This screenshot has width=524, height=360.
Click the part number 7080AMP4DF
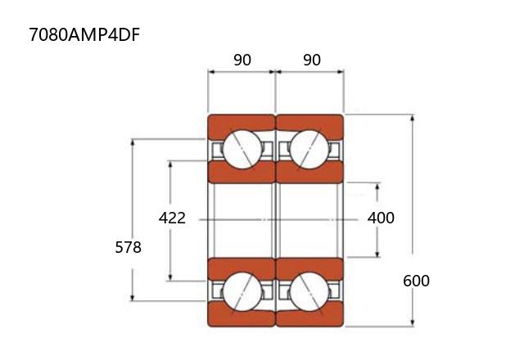pos(79,35)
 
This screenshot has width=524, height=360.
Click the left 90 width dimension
pos(242,60)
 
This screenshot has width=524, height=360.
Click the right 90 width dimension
pos(311,60)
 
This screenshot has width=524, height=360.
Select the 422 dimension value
pos(172,218)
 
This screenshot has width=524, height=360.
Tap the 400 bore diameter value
pos(381,218)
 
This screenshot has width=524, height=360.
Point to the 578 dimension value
pos(128,247)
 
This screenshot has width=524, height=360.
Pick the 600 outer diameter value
pos(416,281)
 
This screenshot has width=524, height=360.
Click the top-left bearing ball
pos(242,149)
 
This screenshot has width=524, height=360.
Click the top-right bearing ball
pos(309,149)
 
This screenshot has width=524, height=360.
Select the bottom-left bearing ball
pos(242,290)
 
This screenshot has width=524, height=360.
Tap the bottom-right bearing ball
pos(309,290)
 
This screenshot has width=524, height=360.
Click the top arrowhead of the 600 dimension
pos(412,119)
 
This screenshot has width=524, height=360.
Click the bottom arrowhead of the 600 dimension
pos(412,322)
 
